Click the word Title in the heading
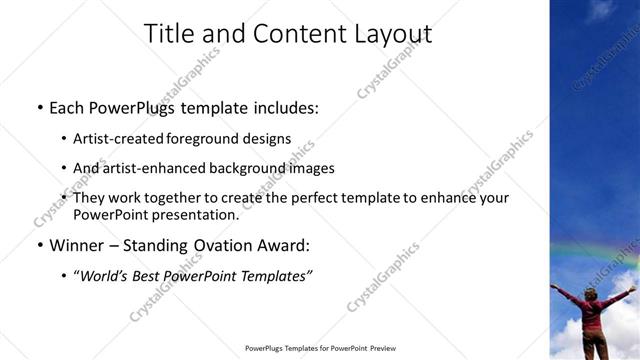click(x=170, y=34)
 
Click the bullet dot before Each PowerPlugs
click(x=39, y=106)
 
